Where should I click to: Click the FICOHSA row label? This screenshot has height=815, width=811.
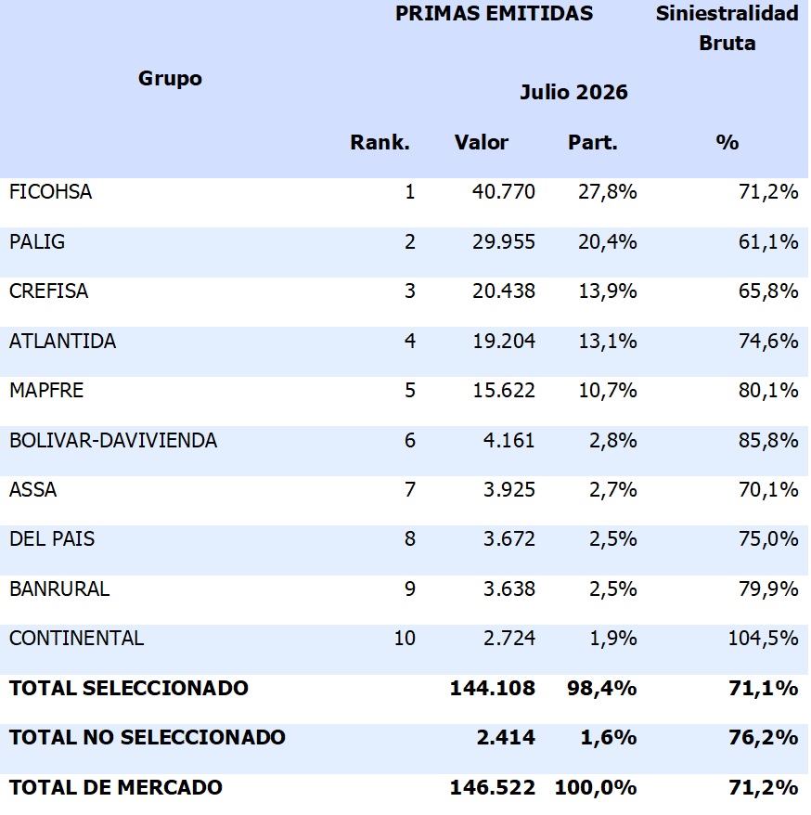(x=50, y=192)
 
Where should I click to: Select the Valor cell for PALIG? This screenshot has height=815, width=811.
(x=504, y=241)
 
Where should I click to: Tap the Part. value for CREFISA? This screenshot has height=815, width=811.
(x=608, y=291)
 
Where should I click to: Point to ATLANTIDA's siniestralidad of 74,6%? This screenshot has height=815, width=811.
(x=768, y=341)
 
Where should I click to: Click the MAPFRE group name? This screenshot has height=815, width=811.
(x=46, y=391)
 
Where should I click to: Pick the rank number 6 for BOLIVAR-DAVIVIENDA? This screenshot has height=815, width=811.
(x=410, y=440)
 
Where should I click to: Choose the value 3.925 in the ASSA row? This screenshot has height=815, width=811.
(x=509, y=489)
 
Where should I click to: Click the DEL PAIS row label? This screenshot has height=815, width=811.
(x=52, y=539)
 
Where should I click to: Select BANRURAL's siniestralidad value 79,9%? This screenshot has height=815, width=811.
(x=768, y=589)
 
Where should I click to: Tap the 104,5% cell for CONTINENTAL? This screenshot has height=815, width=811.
(x=763, y=638)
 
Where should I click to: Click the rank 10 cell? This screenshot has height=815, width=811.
(x=405, y=638)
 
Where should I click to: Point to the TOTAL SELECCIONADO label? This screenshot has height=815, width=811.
(x=129, y=688)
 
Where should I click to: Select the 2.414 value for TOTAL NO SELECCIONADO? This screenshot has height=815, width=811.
(x=506, y=737)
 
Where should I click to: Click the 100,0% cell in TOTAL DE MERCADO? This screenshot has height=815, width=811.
(x=596, y=787)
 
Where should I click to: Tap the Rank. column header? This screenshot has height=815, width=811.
(x=380, y=142)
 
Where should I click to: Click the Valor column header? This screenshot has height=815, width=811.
(x=481, y=142)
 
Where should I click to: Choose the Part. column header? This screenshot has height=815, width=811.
(x=593, y=142)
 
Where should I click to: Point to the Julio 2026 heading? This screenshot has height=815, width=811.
(x=573, y=92)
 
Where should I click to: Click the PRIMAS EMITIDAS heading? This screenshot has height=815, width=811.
(x=494, y=13)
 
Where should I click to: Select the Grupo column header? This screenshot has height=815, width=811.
(x=170, y=79)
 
